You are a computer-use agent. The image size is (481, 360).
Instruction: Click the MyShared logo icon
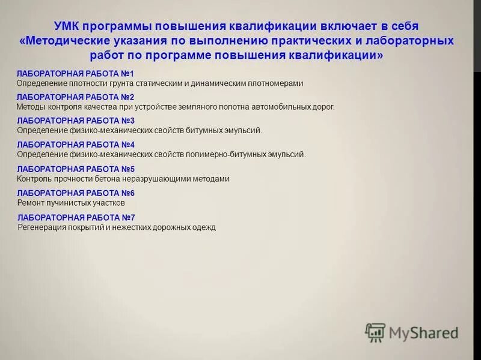[375, 332]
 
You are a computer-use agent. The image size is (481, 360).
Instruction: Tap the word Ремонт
[31, 203]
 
